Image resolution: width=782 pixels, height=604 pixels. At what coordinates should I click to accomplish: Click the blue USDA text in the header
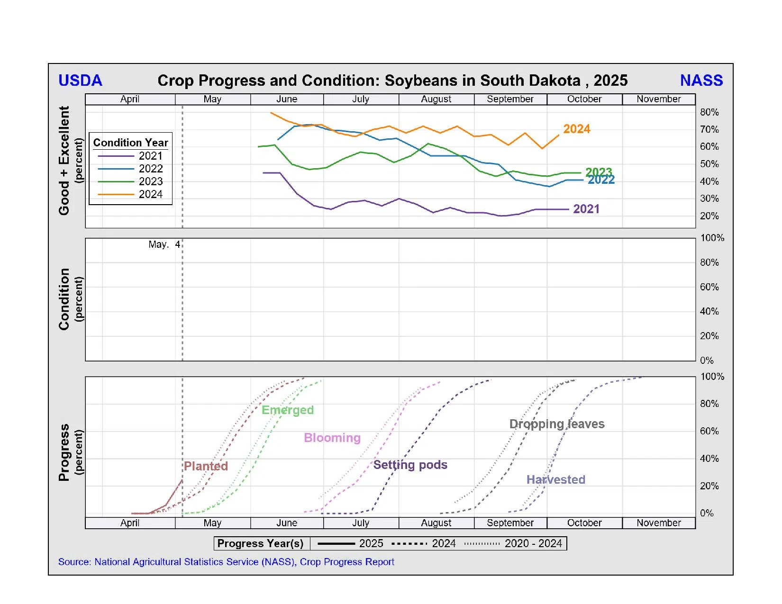[80, 81]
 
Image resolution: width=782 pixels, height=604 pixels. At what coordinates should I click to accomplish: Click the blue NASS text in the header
[701, 81]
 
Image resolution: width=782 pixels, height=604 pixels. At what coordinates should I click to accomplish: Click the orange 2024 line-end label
[576, 129]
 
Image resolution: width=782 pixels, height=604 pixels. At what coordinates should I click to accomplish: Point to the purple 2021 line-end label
[586, 209]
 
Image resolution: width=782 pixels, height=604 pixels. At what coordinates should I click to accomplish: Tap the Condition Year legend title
[130, 143]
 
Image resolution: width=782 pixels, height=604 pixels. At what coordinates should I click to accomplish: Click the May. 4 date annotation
[164, 244]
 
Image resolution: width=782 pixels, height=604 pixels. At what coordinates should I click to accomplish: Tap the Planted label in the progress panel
[206, 466]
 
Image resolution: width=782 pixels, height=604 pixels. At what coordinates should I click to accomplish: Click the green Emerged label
[288, 410]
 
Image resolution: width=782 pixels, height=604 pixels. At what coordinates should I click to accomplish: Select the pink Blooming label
[332, 438]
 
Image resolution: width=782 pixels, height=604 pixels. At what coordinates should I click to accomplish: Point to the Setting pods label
[410, 465]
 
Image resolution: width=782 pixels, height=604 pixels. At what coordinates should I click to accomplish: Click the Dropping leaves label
[557, 424]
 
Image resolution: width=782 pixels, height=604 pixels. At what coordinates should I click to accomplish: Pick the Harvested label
[555, 479]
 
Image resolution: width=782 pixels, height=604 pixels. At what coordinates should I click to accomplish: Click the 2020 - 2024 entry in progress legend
[533, 543]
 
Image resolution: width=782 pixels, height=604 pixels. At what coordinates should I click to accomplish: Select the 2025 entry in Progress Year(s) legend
[371, 543]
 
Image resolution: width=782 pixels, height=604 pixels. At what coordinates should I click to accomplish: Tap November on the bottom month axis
[658, 523]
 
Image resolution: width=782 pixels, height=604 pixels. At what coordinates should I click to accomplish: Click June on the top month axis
[287, 99]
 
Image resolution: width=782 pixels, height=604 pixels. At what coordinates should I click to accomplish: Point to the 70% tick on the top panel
[709, 129]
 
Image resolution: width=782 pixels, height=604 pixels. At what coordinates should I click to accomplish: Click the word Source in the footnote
[74, 562]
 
